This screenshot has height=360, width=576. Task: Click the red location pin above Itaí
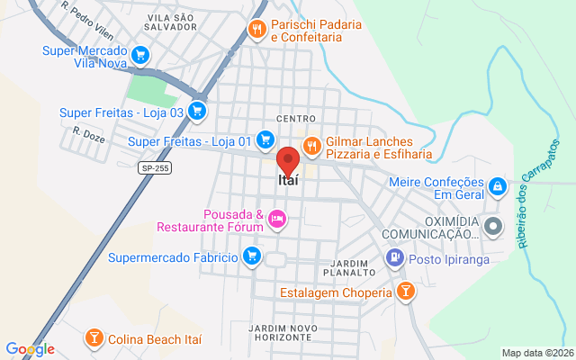pyautogui.click(x=288, y=160)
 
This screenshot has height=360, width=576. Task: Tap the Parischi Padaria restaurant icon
pyautogui.click(x=257, y=29)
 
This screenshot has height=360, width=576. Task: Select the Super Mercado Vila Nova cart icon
pyautogui.click(x=139, y=56)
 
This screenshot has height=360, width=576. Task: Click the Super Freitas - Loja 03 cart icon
pyautogui.click(x=198, y=112)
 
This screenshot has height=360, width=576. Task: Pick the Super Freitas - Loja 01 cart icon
pyautogui.click(x=265, y=140)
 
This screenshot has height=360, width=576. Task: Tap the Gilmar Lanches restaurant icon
pyautogui.click(x=312, y=145)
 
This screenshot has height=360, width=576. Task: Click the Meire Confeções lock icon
pyautogui.click(x=497, y=186)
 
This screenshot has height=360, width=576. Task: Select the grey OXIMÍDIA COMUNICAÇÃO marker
pyautogui.click(x=492, y=226)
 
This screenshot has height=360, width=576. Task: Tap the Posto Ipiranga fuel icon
pyautogui.click(x=394, y=258)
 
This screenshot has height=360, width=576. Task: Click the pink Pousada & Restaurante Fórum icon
pyautogui.click(x=277, y=218)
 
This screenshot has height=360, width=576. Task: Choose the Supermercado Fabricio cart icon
pyautogui.click(x=252, y=257)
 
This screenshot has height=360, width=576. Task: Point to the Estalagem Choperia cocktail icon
pyautogui.click(x=406, y=292)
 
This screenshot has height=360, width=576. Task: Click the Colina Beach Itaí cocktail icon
pyautogui.click(x=93, y=338)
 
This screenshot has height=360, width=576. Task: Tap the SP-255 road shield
pyautogui.click(x=155, y=167)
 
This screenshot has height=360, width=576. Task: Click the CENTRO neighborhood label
pyautogui.click(x=296, y=119)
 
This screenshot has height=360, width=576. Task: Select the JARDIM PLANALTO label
pyautogui.click(x=346, y=266)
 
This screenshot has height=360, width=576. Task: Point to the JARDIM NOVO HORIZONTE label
pyautogui.click(x=283, y=330)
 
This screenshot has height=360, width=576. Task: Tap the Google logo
pyautogui.click(x=30, y=349)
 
